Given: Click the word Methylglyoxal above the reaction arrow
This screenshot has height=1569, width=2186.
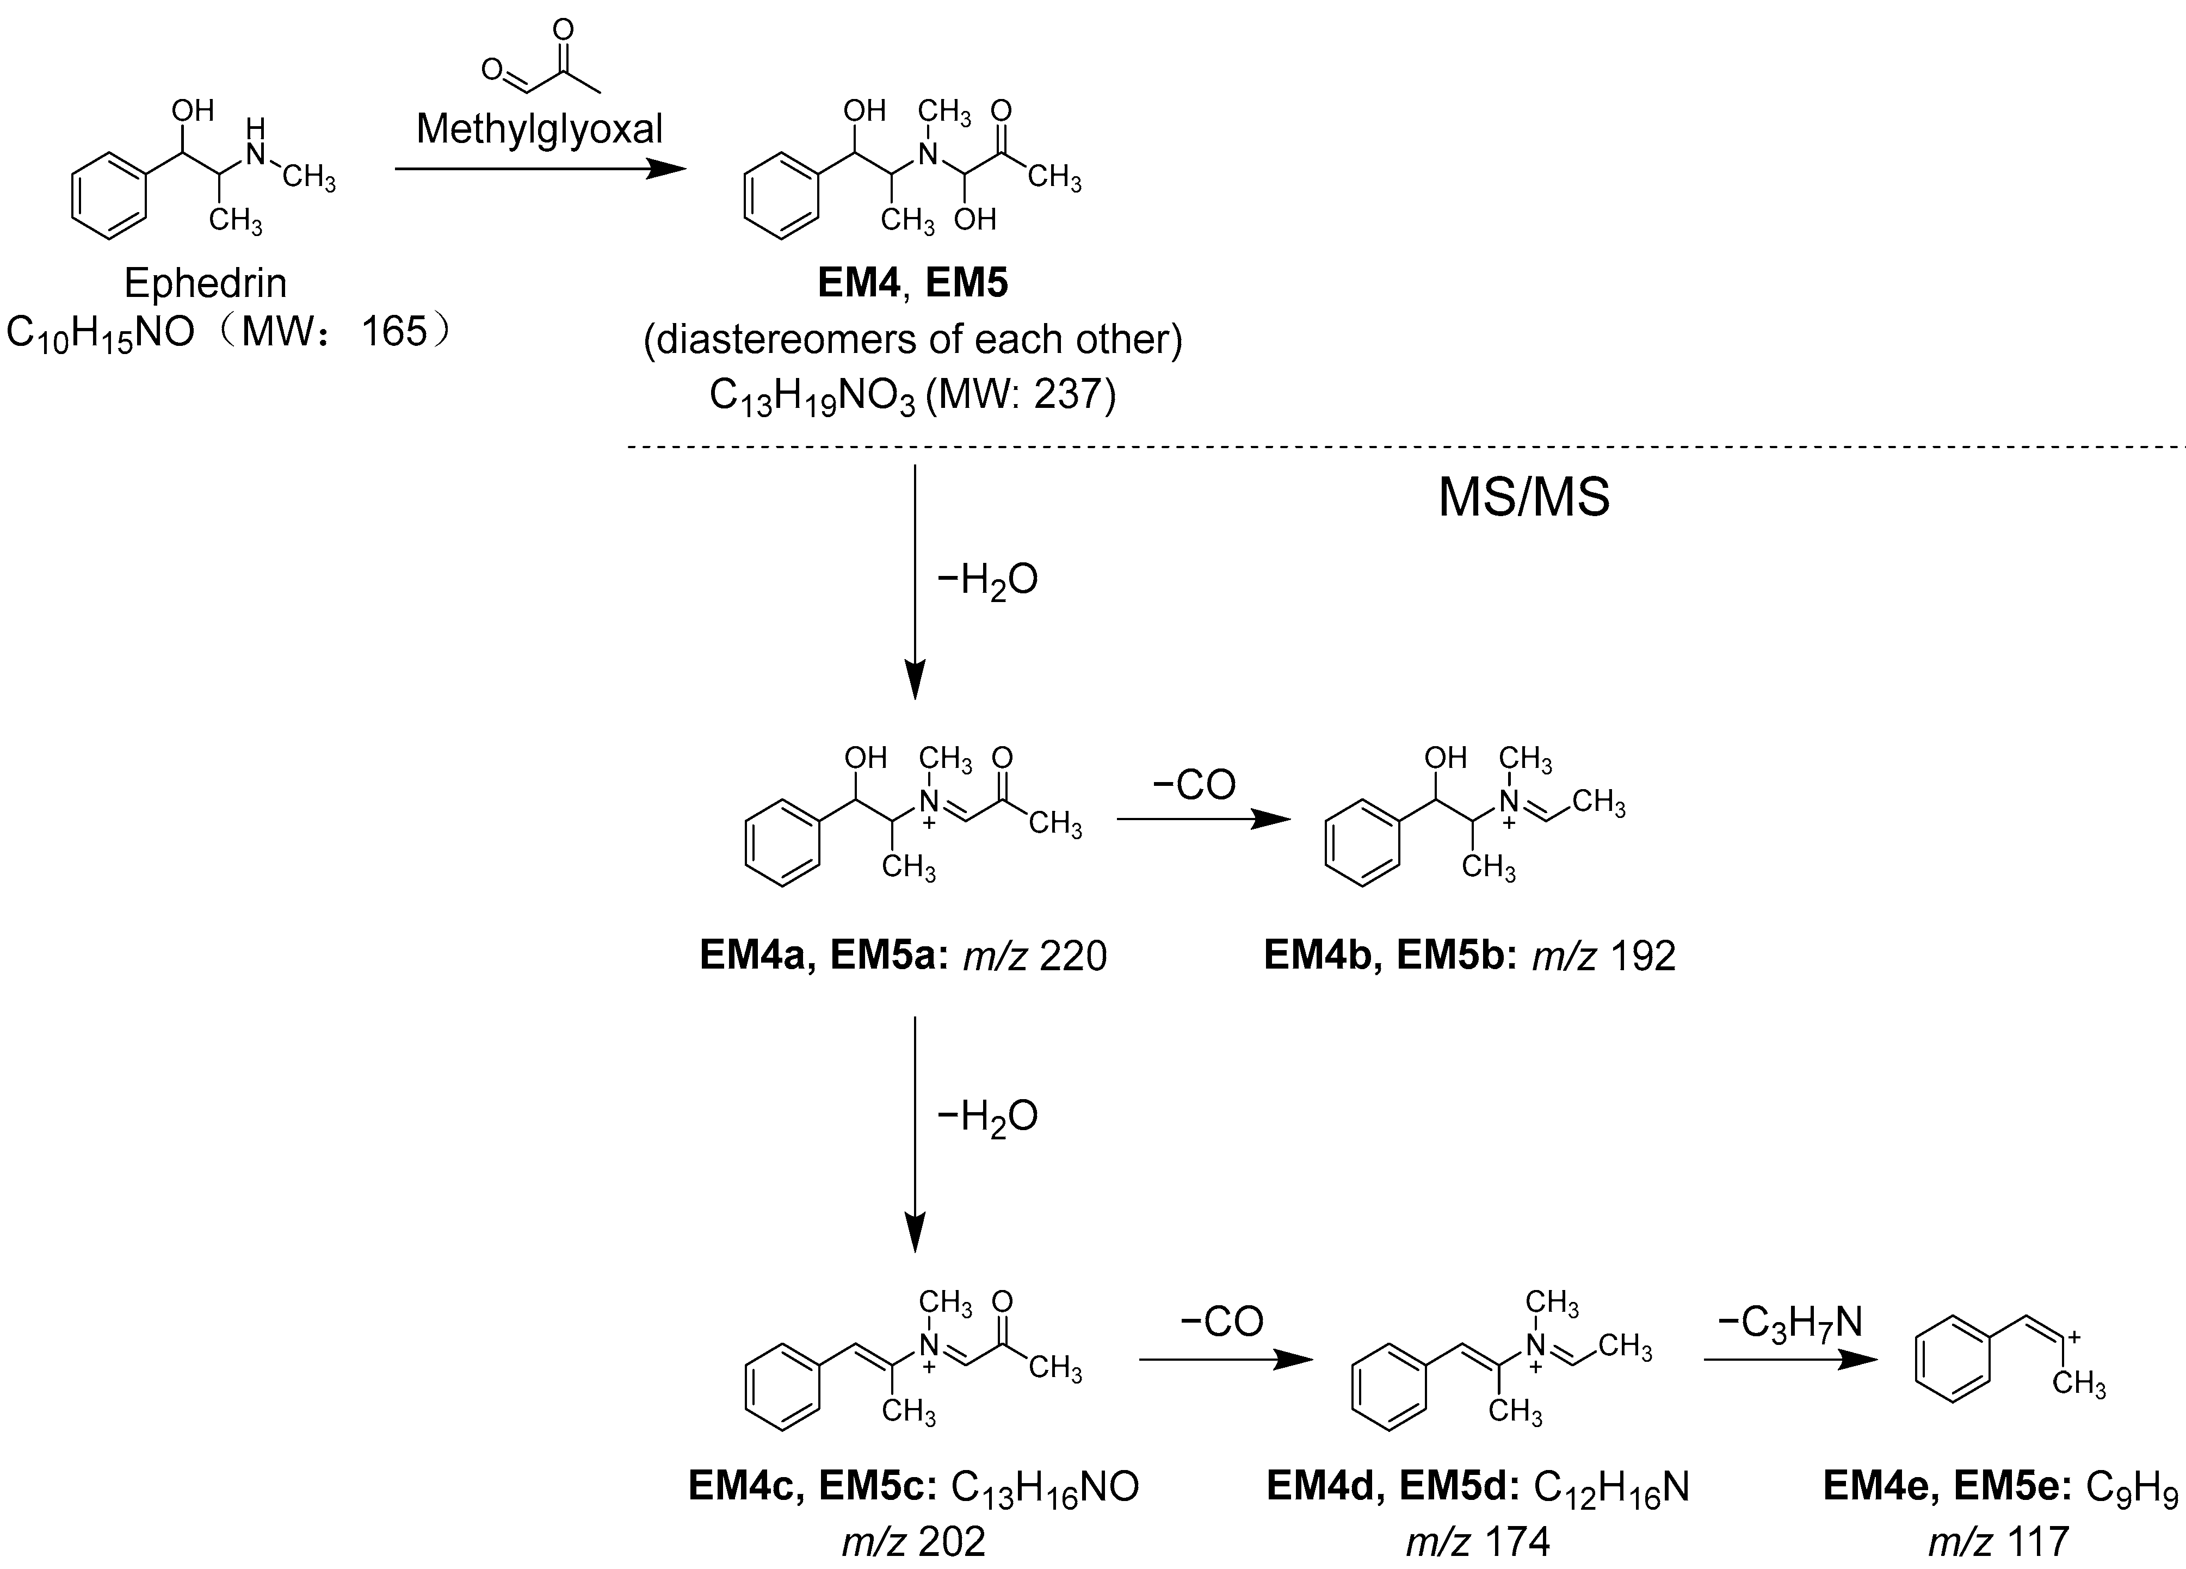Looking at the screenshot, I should pyautogui.click(x=540, y=129).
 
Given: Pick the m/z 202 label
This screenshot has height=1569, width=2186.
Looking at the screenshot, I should pyautogui.click(x=913, y=1542).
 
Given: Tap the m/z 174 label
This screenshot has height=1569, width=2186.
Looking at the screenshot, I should pyautogui.click(x=1478, y=1542).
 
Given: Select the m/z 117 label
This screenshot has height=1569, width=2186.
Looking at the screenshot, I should pyautogui.click(x=1999, y=1542).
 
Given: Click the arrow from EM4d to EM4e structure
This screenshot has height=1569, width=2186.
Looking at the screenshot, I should pyautogui.click(x=1791, y=1360).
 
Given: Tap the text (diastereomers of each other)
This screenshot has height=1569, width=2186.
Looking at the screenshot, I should pyautogui.click(x=912, y=339).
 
